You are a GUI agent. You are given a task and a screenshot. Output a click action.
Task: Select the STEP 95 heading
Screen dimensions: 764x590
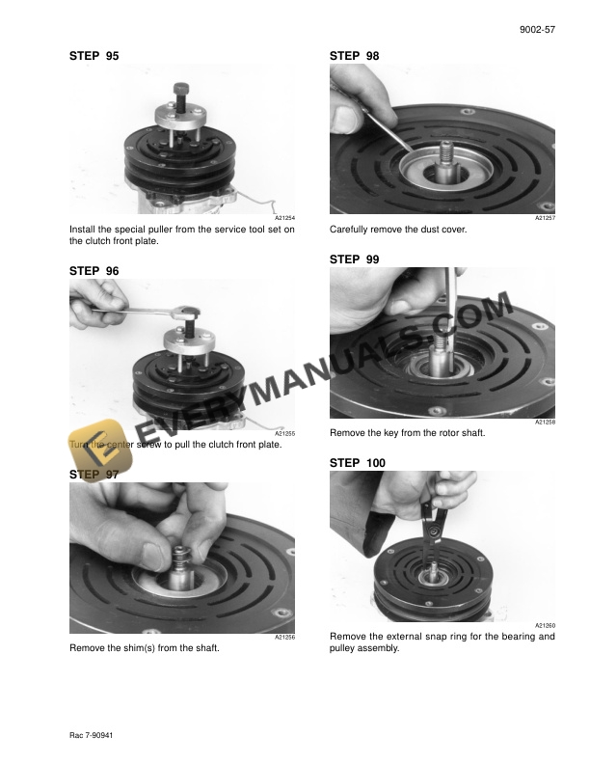[x=94, y=57]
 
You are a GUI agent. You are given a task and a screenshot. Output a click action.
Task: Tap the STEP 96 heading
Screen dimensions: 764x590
[x=94, y=272]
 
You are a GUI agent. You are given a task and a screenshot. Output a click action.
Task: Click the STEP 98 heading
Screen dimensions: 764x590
[x=354, y=57]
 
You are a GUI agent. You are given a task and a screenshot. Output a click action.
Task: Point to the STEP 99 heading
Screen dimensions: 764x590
[x=354, y=259]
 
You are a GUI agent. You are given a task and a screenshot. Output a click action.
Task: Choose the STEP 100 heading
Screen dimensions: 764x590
[x=357, y=464]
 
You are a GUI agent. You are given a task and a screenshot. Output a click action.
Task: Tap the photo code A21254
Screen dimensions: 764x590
[x=284, y=220]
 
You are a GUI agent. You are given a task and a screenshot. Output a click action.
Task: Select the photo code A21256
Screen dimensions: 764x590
[x=284, y=637]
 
